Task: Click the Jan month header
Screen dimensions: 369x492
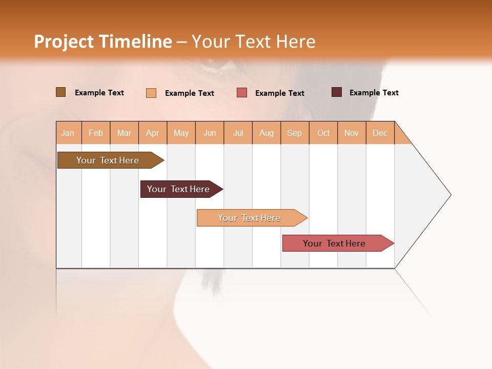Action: [68, 133]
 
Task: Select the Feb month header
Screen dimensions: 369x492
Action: [96, 133]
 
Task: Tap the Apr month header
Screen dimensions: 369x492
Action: [153, 133]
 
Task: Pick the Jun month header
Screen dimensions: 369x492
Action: [210, 133]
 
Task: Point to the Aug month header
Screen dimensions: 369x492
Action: [266, 133]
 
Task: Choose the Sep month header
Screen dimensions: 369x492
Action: [295, 133]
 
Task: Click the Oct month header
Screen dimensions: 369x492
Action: [323, 133]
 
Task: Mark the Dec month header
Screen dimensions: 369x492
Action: [380, 133]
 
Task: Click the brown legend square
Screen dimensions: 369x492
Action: [60, 92]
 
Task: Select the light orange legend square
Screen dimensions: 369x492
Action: [151, 93]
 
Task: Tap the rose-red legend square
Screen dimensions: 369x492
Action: [242, 93]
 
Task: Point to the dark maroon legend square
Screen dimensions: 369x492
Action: [337, 92]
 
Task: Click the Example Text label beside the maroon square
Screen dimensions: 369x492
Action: [374, 93]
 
